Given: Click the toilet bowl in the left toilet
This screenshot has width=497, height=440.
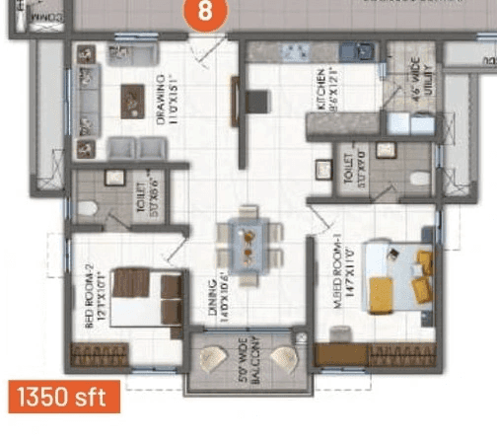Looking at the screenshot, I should click(x=87, y=208).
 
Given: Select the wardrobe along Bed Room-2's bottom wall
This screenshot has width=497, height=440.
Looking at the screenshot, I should click(x=99, y=356).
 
